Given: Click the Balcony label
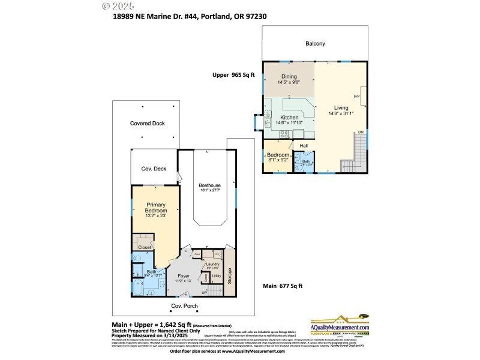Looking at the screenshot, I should click(x=315, y=43).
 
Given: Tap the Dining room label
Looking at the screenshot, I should click(x=289, y=76).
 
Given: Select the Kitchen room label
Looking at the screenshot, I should click(x=289, y=118).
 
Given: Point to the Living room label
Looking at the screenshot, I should click(x=341, y=108).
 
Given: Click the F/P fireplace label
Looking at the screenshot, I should click(x=356, y=96).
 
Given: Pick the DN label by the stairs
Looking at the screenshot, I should click(x=361, y=132).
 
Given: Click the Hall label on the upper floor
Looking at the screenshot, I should click(x=304, y=145).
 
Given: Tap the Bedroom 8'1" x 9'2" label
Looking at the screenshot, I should click(x=278, y=155).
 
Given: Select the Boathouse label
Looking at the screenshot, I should click(x=210, y=185).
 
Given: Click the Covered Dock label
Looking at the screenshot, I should click(x=147, y=123).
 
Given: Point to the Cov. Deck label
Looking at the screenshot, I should click(x=153, y=169).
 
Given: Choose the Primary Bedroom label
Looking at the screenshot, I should click(x=155, y=207).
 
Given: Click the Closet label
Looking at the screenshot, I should click(x=145, y=247).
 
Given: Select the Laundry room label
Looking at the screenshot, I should click(x=211, y=264).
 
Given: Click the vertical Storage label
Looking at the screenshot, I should click(x=229, y=276).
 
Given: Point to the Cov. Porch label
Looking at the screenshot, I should click(x=185, y=305).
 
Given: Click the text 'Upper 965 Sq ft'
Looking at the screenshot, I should click(x=233, y=75).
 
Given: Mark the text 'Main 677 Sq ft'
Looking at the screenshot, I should click(x=283, y=286).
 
